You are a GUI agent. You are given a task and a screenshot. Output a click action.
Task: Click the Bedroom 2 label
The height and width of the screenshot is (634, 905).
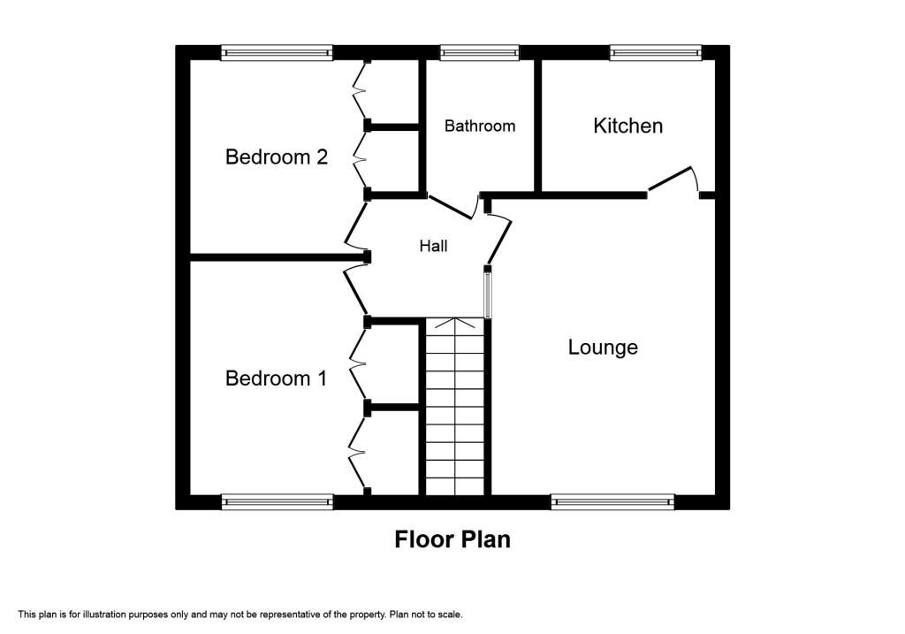click(x=277, y=157)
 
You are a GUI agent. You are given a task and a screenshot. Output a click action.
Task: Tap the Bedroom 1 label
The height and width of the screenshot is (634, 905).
click(x=277, y=378)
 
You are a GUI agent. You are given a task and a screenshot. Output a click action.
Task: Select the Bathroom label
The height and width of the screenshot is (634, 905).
click(x=479, y=126)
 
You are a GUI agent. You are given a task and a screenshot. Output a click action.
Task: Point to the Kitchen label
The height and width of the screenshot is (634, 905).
click(x=627, y=126)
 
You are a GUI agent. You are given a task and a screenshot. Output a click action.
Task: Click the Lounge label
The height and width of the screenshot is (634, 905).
click(x=603, y=348)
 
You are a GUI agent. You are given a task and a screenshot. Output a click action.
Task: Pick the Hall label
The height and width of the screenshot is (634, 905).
click(x=433, y=246)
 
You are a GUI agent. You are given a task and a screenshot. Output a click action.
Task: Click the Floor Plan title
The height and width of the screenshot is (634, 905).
click(x=452, y=539)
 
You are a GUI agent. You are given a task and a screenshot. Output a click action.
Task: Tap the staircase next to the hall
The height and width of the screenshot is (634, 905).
click(x=455, y=407)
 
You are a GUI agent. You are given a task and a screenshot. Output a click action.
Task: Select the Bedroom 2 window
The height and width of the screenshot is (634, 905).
click(x=277, y=53)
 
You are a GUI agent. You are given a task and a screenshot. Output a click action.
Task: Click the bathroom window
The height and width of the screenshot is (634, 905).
click(x=480, y=53)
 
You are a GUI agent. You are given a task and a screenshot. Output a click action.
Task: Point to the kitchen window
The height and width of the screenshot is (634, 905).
click(x=655, y=53)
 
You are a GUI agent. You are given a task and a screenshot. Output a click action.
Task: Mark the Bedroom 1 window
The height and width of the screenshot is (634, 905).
click(x=277, y=501)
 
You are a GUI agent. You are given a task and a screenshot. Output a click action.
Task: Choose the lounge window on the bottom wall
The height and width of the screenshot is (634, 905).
click(x=612, y=501)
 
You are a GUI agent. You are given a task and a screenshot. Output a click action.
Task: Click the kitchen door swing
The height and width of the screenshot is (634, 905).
click(x=673, y=179)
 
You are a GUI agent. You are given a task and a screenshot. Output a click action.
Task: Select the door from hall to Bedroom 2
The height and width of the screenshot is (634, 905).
click(x=355, y=227)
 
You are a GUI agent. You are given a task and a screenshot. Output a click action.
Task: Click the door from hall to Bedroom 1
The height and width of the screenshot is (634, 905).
click(x=354, y=290)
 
